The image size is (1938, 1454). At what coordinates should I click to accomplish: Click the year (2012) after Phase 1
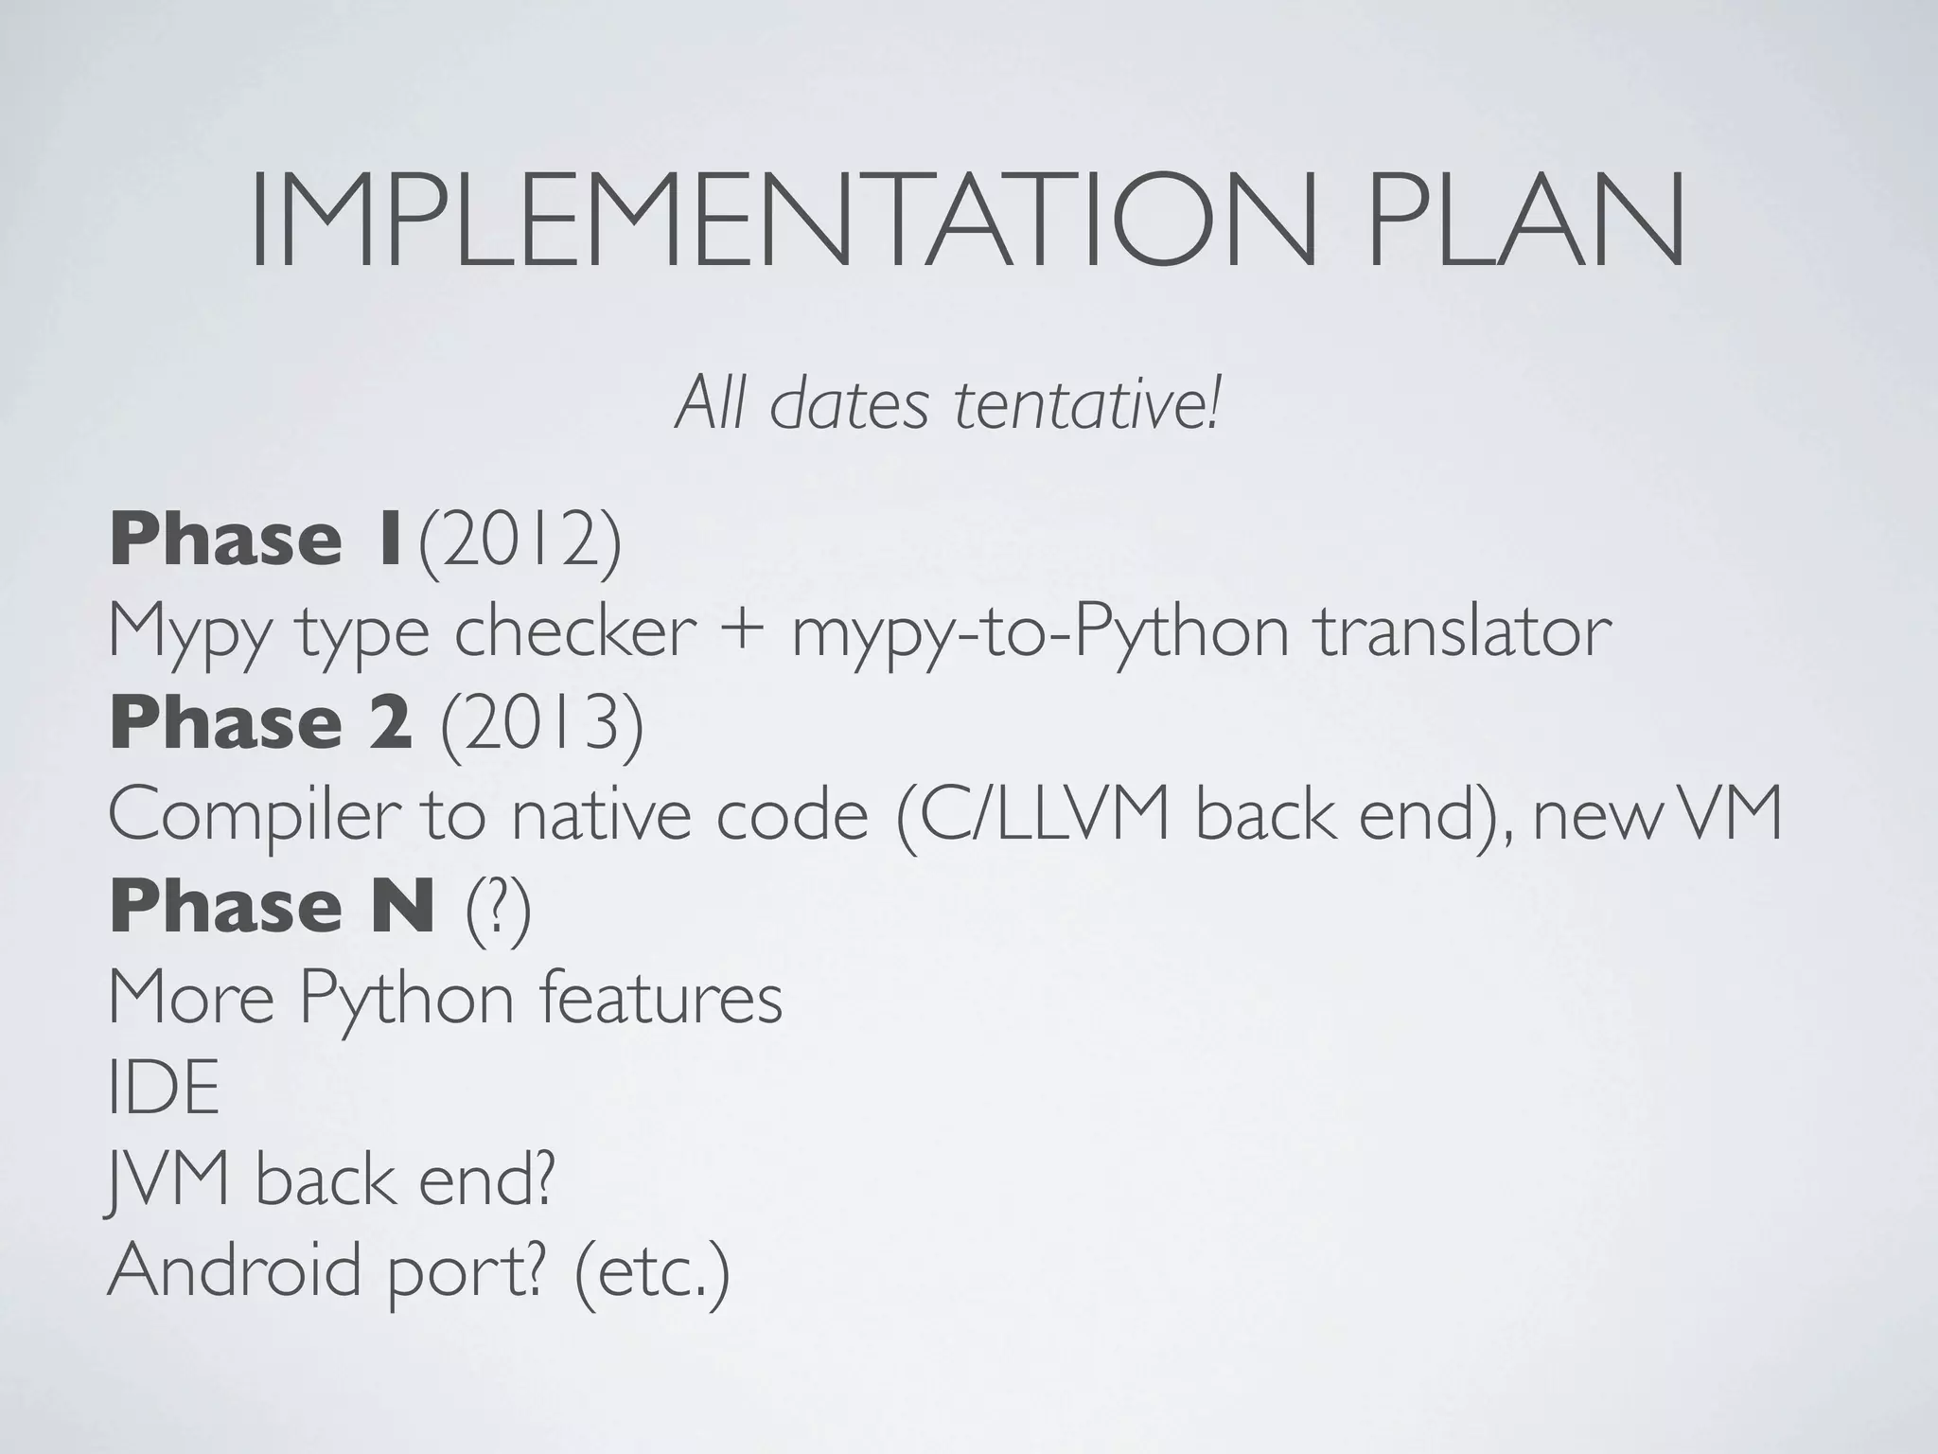tap(520, 541)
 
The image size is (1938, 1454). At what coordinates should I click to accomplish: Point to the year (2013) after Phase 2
tap(541, 724)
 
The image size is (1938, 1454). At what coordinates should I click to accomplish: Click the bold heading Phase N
tap(273, 907)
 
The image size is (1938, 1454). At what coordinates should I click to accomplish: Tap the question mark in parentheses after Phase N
tap(498, 909)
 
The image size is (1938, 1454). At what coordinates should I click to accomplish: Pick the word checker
tap(575, 632)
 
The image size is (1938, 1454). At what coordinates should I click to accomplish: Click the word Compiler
tap(250, 816)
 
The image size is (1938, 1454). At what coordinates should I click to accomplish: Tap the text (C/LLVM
tap(1034, 816)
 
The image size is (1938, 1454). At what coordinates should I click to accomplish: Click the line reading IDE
tap(163, 1089)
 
